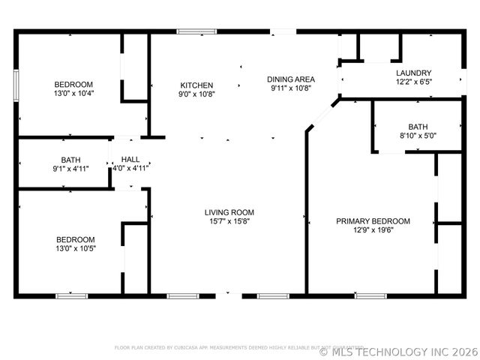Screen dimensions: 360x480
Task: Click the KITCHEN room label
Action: click(x=196, y=85)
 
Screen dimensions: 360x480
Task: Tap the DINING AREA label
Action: click(x=291, y=79)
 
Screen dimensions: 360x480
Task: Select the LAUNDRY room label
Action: click(x=413, y=73)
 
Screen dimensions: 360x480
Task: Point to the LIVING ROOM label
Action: click(x=229, y=212)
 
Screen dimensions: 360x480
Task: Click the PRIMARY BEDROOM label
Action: click(x=373, y=221)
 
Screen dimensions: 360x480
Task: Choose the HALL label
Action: click(x=130, y=159)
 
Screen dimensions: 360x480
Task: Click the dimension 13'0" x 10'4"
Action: click(x=73, y=94)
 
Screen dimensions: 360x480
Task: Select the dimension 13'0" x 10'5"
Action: click(x=75, y=248)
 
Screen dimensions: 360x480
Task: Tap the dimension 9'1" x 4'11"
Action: click(x=70, y=169)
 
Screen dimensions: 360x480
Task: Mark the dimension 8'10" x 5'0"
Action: click(x=417, y=136)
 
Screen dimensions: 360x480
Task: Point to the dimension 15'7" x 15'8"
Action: click(x=229, y=221)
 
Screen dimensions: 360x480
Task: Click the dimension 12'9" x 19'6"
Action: click(x=373, y=230)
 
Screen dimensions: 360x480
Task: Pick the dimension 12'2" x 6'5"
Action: click(x=413, y=82)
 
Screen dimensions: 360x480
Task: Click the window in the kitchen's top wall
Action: click(x=193, y=31)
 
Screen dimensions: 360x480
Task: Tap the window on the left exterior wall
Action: click(x=16, y=84)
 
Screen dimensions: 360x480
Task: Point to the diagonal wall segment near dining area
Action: click(x=321, y=118)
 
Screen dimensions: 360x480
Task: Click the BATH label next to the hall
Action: click(x=70, y=160)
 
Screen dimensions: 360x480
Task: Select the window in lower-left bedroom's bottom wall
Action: click(x=72, y=296)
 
